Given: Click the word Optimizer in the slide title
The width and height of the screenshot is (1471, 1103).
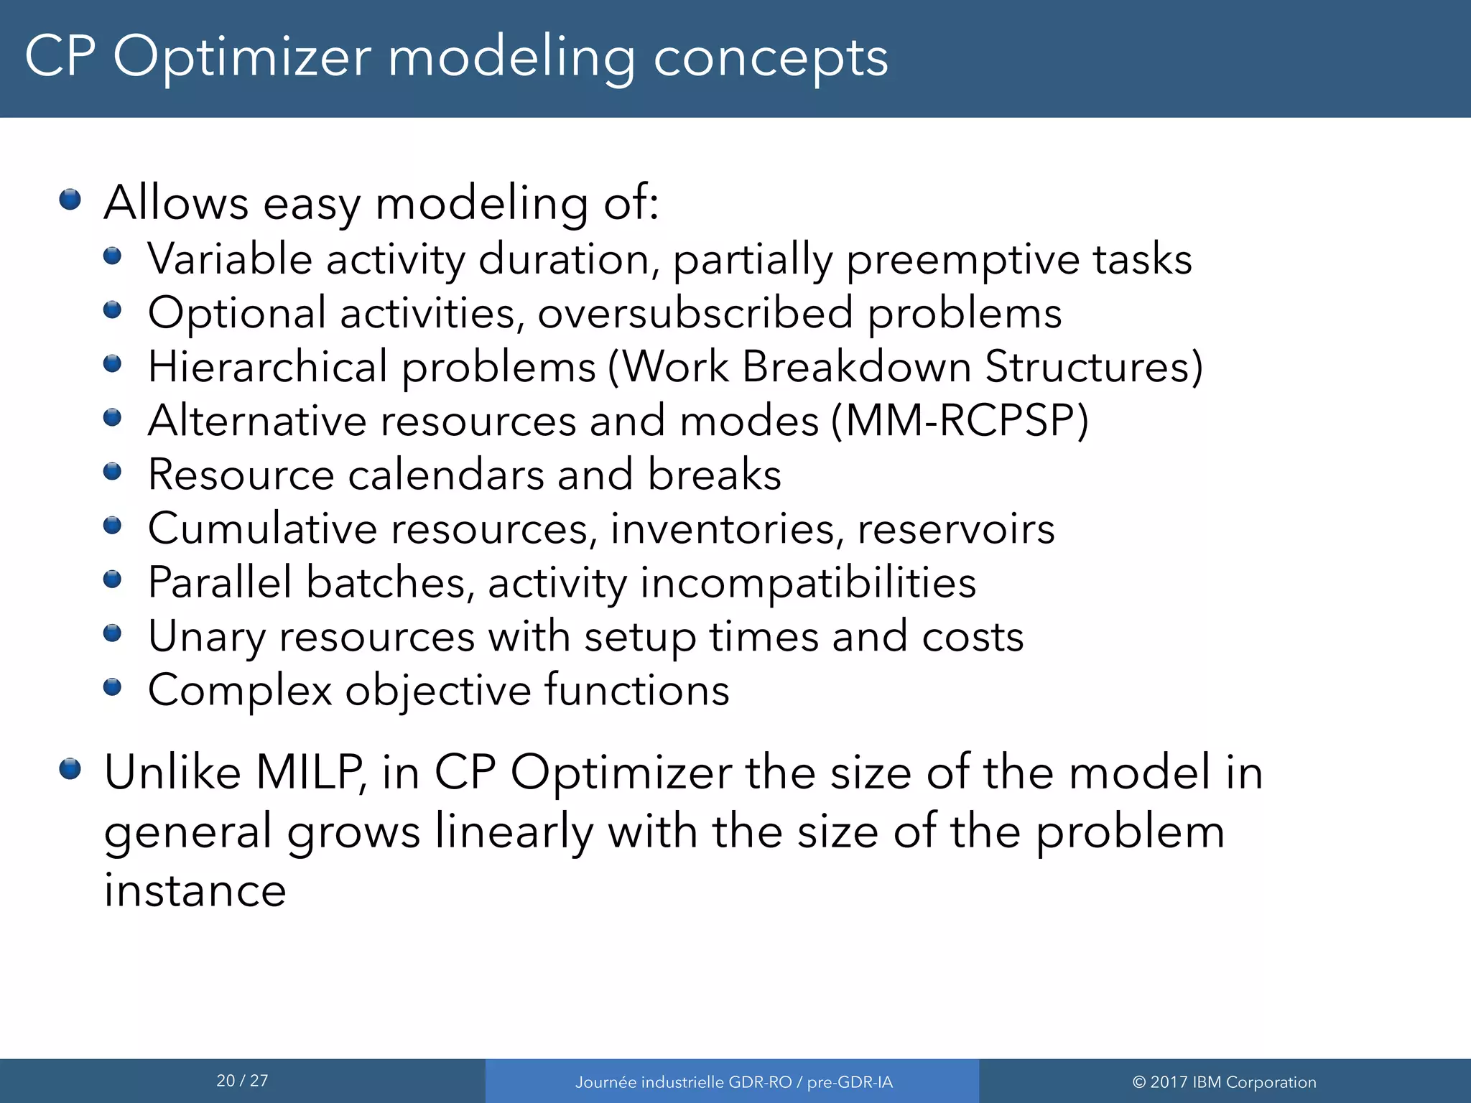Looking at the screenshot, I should point(242,57).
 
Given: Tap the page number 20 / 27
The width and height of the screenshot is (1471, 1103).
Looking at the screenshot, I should point(242,1081).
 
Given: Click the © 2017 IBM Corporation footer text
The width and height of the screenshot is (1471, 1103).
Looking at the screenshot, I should point(1224,1082).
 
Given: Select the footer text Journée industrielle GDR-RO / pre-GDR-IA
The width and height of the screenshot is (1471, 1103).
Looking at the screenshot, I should point(733,1082).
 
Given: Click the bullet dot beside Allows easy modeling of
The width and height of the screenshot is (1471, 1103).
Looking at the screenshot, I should point(70,199).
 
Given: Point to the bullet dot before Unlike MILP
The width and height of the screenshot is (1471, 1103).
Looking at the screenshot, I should point(70,769).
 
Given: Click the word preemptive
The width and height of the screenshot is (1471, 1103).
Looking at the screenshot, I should point(962,260).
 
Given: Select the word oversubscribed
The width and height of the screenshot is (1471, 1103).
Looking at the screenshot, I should point(695,314).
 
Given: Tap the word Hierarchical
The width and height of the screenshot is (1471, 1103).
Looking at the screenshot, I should point(267,367).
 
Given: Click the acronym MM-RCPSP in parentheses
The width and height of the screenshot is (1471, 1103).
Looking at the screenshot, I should point(960,421).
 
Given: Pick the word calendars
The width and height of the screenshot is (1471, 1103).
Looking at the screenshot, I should point(446,475).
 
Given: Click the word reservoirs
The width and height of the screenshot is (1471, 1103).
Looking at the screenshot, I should point(956,529).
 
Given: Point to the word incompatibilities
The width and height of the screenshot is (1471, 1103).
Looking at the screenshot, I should point(808,582).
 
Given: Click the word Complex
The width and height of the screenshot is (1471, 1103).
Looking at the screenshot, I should point(240,691).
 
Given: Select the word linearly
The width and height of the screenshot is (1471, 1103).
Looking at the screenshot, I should point(514,832).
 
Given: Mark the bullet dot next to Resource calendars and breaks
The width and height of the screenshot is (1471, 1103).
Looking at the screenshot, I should point(113,472).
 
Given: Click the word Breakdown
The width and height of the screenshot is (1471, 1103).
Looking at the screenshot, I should point(856,367).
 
